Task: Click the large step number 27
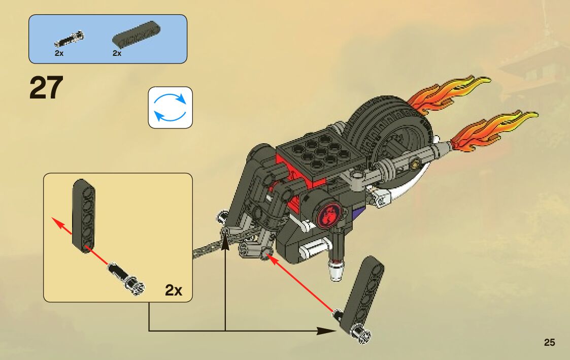point(46,88)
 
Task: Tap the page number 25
point(549,342)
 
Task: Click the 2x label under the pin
point(59,53)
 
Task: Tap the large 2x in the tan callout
point(174,290)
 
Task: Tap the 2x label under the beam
point(117,53)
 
